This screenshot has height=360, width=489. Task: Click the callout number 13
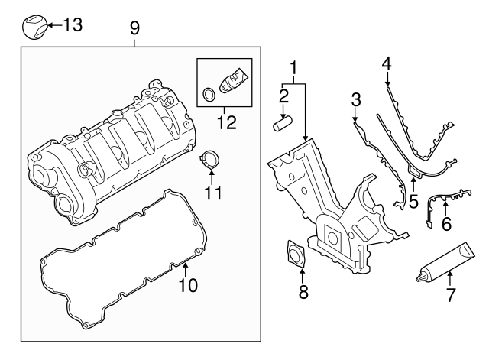click(x=73, y=24)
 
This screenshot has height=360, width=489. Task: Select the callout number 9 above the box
click(x=134, y=29)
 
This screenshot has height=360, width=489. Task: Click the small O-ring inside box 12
click(x=209, y=94)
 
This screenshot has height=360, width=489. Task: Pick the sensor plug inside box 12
click(x=235, y=80)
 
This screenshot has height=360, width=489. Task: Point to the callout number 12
click(x=227, y=122)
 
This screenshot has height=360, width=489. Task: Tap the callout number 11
click(x=213, y=193)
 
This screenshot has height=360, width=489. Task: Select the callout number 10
click(x=188, y=285)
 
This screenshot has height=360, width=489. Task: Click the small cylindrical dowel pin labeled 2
click(x=282, y=123)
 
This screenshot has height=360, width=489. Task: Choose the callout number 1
click(x=293, y=68)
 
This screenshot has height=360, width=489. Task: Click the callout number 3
click(x=356, y=100)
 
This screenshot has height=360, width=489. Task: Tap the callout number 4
click(x=387, y=63)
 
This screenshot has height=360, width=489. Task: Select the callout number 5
click(x=413, y=202)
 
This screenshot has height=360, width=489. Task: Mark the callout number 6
click(x=446, y=224)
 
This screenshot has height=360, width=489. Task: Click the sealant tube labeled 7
click(x=445, y=263)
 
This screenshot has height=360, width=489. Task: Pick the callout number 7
click(x=450, y=295)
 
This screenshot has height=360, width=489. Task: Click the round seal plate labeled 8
click(x=296, y=254)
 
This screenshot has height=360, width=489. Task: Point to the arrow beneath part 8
click(x=302, y=276)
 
